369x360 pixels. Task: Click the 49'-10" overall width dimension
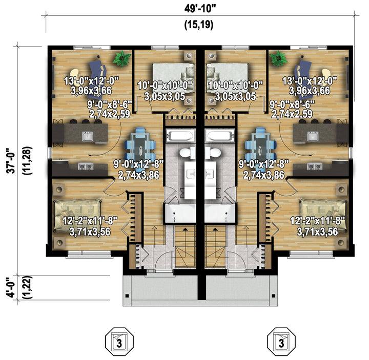[x=200, y=9]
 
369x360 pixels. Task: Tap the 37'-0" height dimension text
[x=11, y=161]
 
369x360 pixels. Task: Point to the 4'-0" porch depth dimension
[x=11, y=288]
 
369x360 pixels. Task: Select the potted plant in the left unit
[x=121, y=58]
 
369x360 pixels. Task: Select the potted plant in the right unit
[x=279, y=58]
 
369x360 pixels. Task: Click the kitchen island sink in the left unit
[x=88, y=136]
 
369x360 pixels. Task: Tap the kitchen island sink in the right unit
[x=313, y=136]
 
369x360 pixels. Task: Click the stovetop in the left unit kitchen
[x=86, y=167]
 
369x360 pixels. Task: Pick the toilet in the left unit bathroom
[x=188, y=153]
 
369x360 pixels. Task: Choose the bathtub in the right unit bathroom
[x=220, y=135]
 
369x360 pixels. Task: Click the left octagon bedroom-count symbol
[x=119, y=342]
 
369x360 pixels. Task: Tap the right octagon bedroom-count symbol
[x=281, y=342]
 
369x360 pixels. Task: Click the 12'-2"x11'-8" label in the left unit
[x=90, y=221]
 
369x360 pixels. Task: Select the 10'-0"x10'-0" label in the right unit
[x=235, y=85]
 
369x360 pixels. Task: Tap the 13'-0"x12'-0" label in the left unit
[x=91, y=81]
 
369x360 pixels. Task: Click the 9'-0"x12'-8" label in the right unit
[x=264, y=164]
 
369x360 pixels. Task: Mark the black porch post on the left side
[x=127, y=295]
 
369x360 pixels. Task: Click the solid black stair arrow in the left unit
[x=186, y=229]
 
